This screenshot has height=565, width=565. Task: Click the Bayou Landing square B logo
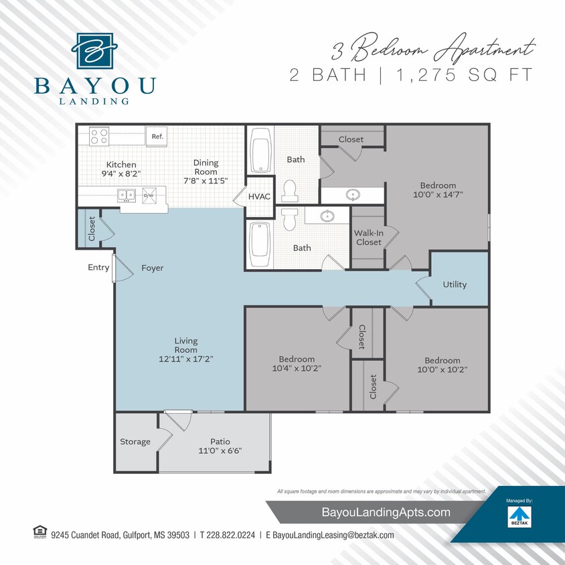click(95, 50)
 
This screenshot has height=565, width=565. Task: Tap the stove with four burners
click(99, 136)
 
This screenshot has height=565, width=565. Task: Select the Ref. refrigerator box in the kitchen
click(157, 136)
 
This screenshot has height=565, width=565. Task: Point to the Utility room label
click(455, 285)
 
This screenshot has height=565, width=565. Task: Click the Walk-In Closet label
click(368, 238)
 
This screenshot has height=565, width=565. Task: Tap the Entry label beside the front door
click(98, 268)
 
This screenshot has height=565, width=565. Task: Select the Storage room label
click(135, 442)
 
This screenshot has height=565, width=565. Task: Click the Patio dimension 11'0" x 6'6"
click(220, 451)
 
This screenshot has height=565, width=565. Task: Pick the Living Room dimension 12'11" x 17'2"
click(185, 359)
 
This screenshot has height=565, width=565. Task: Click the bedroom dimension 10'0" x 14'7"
click(438, 195)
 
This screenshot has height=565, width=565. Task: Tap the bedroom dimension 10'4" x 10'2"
click(298, 368)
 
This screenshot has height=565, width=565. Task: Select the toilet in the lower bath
click(289, 219)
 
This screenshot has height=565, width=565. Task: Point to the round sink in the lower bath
click(327, 216)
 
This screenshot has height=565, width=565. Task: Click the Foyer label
click(152, 268)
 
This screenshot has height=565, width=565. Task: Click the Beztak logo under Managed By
click(519, 516)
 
